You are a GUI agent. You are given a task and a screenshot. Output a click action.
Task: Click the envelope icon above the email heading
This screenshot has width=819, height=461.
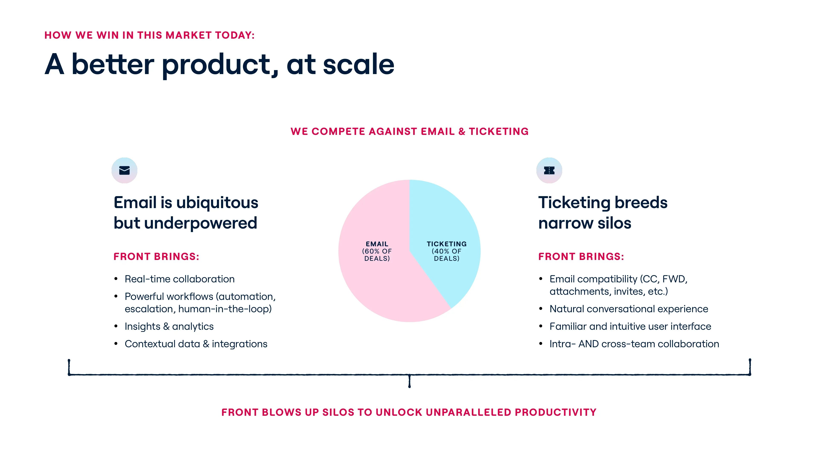pos(124,171)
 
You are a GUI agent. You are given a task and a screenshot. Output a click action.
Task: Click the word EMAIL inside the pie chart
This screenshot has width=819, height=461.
pos(377,244)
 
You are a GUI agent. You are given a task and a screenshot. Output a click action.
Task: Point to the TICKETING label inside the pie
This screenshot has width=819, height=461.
pos(447,244)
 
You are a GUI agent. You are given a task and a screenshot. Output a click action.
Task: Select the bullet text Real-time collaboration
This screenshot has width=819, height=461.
pos(180,279)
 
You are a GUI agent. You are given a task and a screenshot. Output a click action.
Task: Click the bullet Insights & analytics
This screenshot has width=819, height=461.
pos(169,326)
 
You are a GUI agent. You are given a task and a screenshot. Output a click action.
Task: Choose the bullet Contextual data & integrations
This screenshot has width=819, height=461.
pos(196,344)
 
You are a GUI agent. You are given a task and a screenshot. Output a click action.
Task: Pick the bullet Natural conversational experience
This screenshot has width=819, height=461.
pos(629,309)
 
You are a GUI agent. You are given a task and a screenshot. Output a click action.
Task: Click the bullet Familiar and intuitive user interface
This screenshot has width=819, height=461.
pos(630,326)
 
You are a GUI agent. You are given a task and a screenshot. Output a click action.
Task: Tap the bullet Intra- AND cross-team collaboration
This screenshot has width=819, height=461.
pos(634,344)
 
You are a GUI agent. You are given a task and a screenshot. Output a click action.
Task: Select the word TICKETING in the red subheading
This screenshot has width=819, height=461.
pos(498,131)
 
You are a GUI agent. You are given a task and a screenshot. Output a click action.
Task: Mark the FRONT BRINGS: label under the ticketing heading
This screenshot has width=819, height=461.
pos(581,256)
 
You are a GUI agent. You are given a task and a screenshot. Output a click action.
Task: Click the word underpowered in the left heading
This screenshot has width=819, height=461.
pos(201,223)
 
